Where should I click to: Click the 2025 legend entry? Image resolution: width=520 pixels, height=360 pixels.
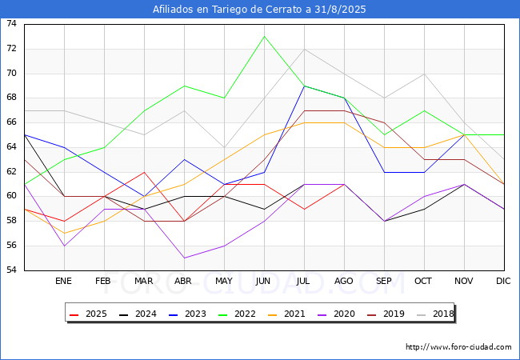(88, 314)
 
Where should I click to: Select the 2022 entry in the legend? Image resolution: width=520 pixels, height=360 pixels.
(237, 314)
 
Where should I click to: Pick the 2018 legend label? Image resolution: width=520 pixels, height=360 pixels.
(435, 314)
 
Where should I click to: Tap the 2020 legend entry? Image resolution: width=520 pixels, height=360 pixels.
(336, 314)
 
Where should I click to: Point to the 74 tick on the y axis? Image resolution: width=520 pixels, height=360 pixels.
(12, 23)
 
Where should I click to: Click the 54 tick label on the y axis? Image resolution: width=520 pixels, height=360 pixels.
(12, 270)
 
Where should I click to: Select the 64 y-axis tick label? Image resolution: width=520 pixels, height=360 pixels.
(12, 147)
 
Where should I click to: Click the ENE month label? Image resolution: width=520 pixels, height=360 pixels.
(63, 281)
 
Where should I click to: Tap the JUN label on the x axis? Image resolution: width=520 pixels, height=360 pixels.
(263, 281)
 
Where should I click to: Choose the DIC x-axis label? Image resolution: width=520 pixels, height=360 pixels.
(503, 281)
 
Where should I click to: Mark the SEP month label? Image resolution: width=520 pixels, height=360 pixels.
(384, 281)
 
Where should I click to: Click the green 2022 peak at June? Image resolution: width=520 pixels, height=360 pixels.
(264, 37)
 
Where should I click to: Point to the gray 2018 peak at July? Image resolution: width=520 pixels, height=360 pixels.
(305, 49)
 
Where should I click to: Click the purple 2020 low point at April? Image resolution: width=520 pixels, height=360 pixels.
(184, 258)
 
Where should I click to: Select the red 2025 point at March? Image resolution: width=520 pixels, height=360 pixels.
(144, 172)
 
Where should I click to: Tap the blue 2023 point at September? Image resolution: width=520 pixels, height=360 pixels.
(384, 172)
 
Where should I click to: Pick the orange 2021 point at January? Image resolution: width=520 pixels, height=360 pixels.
(64, 234)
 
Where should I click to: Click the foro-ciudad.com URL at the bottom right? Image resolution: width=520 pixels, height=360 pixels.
(458, 347)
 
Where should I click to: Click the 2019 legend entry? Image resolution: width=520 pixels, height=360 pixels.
(386, 314)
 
